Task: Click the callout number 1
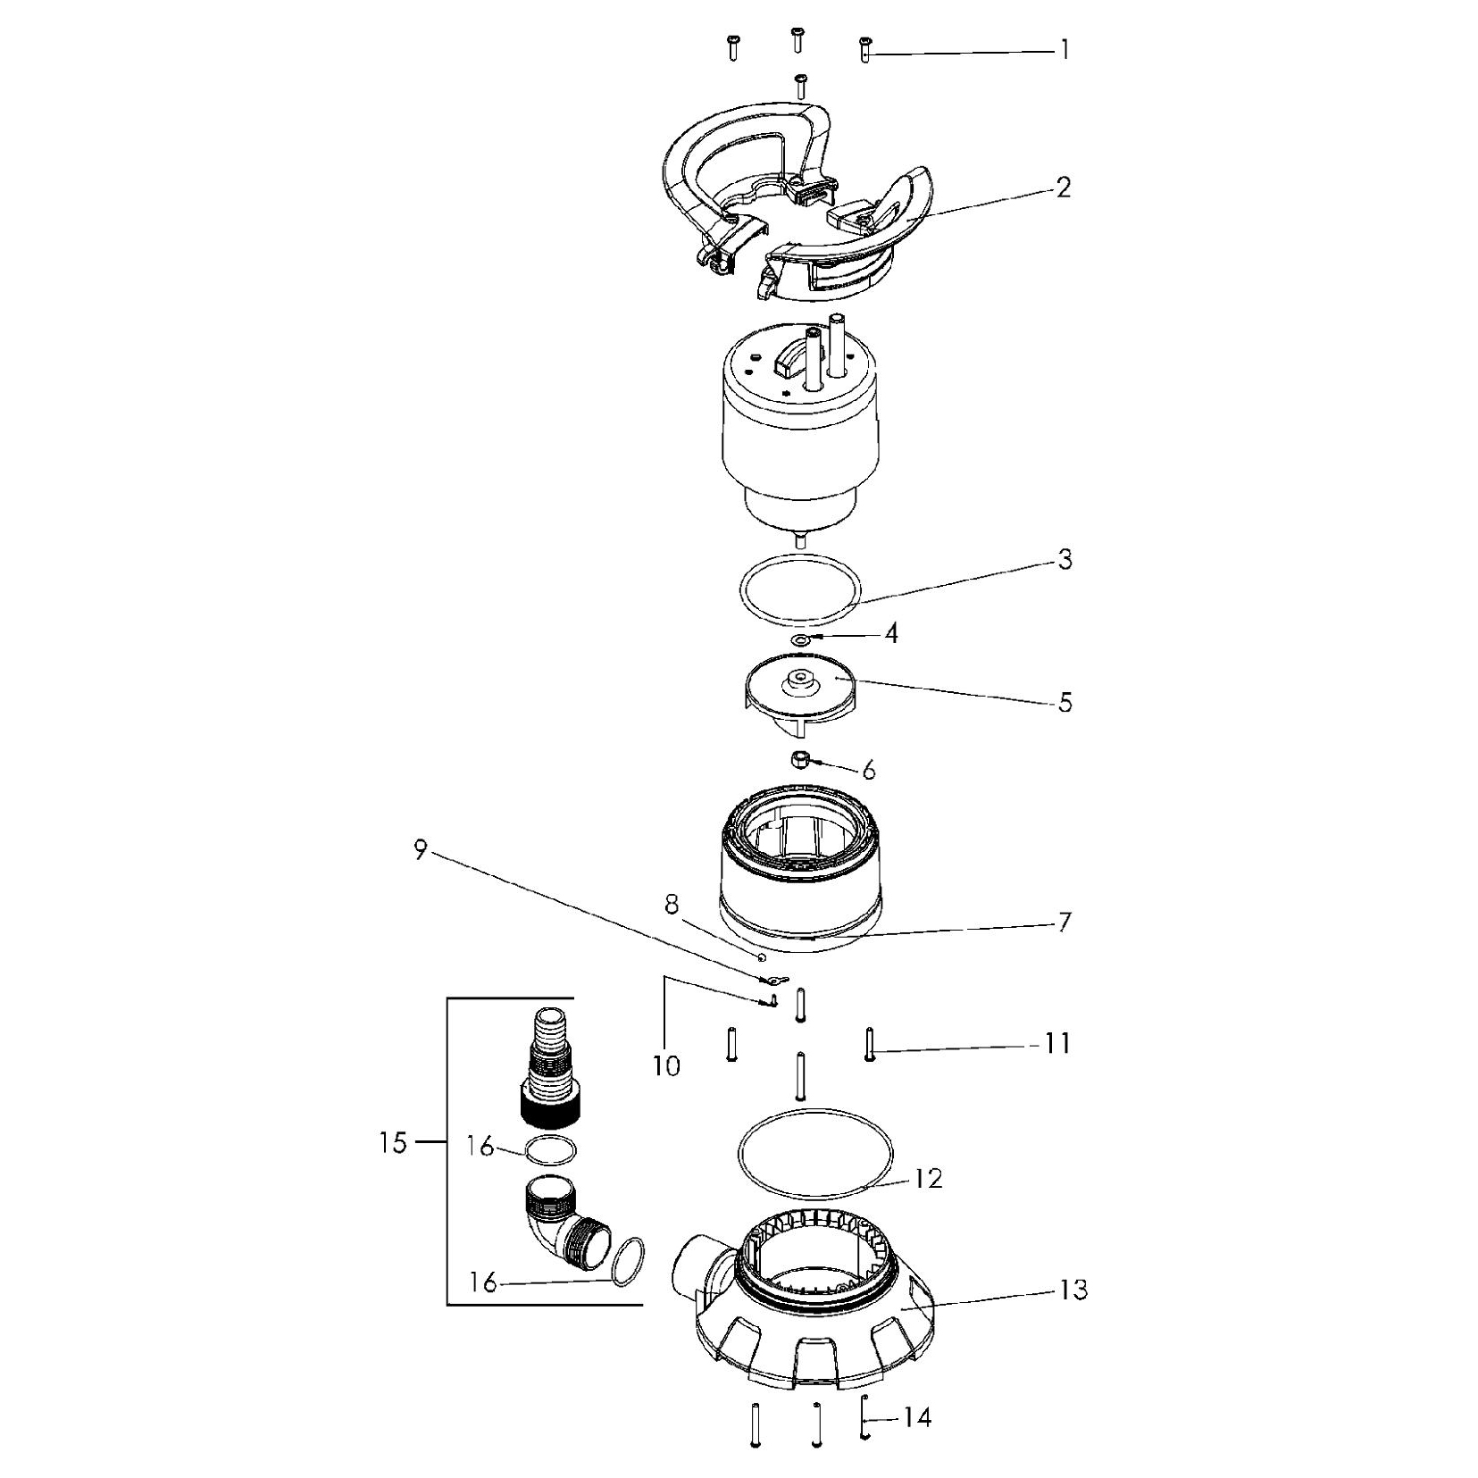(x=1064, y=50)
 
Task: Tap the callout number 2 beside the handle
(x=1063, y=188)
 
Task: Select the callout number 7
(x=1064, y=923)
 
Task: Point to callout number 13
(x=1073, y=1290)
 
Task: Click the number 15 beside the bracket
(x=393, y=1143)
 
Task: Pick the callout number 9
(x=421, y=850)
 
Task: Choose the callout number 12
(x=929, y=1179)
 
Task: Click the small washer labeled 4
(x=801, y=639)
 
